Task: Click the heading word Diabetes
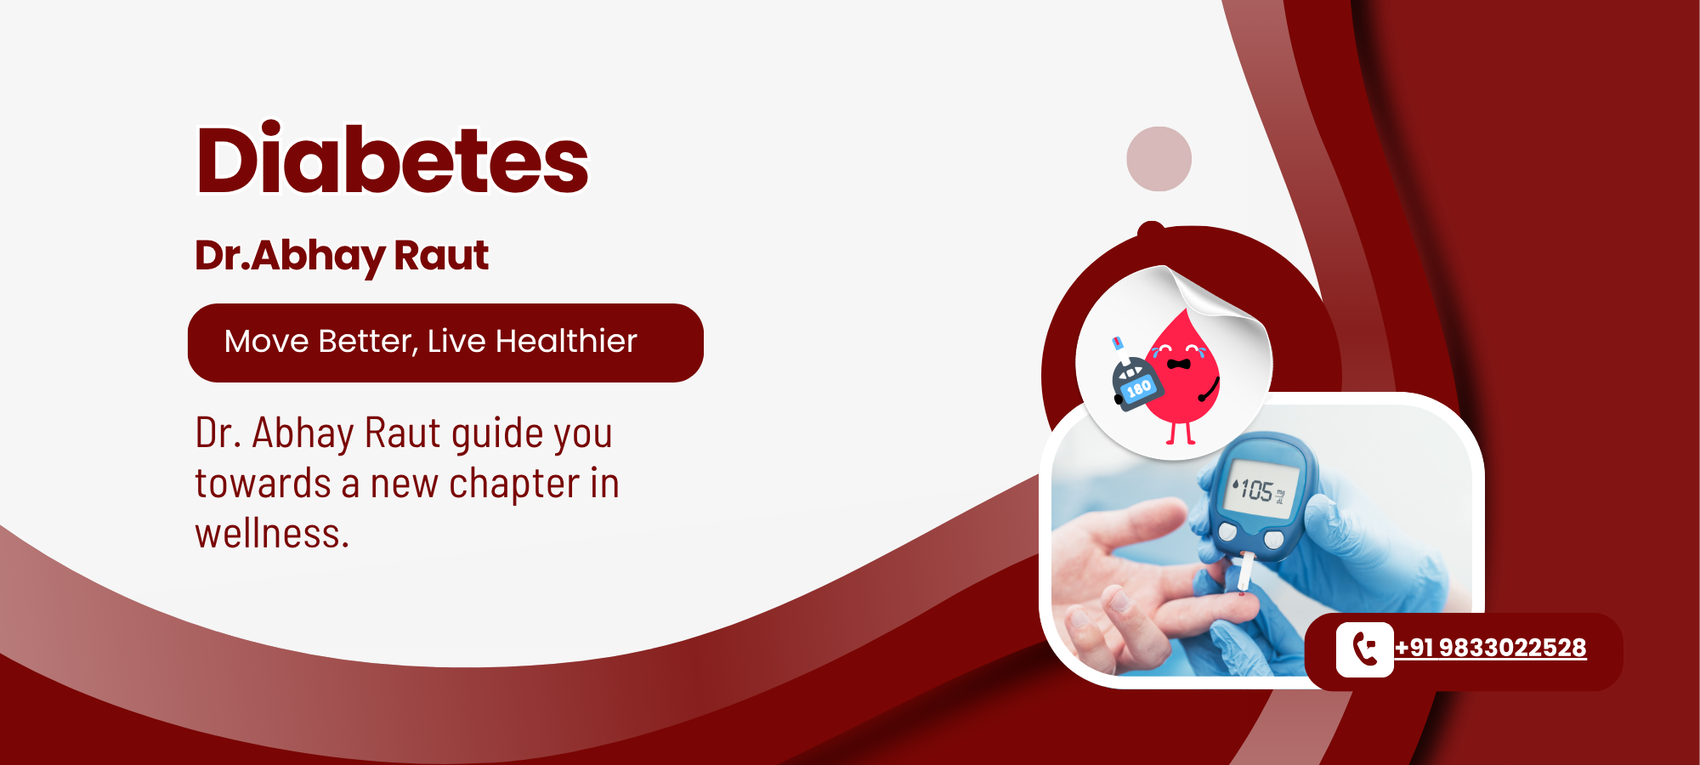tap(392, 159)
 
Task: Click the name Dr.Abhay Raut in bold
tap(342, 256)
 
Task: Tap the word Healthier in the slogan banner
tap(566, 341)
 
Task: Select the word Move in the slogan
tap(266, 342)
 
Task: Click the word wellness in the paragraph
tap(271, 534)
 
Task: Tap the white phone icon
tap(1365, 649)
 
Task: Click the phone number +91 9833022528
tap(1490, 648)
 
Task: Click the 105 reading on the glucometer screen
tap(1257, 490)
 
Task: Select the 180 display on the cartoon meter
tap(1138, 388)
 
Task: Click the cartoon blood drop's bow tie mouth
tap(1178, 364)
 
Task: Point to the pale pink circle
tap(1159, 159)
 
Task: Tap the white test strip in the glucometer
tap(1245, 571)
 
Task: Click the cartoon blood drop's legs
tap(1181, 433)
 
